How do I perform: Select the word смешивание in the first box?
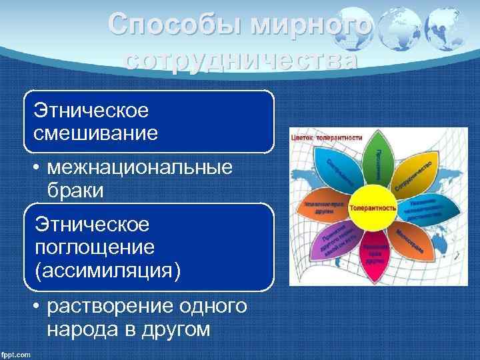pos(96,133)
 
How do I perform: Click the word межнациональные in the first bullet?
pos(140,167)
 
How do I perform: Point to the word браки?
pos(75,190)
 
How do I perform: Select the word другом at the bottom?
pos(177,331)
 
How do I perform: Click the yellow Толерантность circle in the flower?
pos(372,207)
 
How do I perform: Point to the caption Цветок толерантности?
pos(326,137)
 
